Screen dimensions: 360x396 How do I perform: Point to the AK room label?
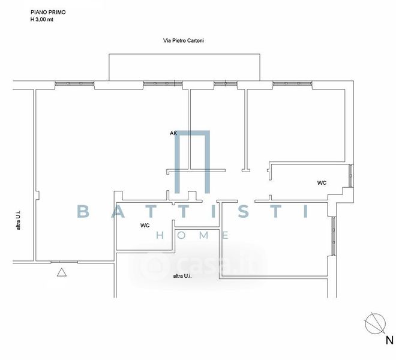tap(173, 133)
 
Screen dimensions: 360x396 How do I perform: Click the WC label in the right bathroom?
tap(322, 182)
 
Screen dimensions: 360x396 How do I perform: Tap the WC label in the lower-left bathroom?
tap(145, 226)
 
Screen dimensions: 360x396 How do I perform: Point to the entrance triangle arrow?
tap(61, 274)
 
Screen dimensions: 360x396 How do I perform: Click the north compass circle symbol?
tap(376, 324)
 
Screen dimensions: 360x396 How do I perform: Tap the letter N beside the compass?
tap(389, 341)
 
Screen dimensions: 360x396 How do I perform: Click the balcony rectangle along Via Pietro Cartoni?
tap(185, 66)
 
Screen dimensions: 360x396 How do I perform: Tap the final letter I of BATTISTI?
tap(306, 211)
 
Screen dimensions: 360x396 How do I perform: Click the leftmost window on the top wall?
tap(74, 83)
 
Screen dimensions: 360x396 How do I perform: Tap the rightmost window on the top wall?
tap(292, 83)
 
